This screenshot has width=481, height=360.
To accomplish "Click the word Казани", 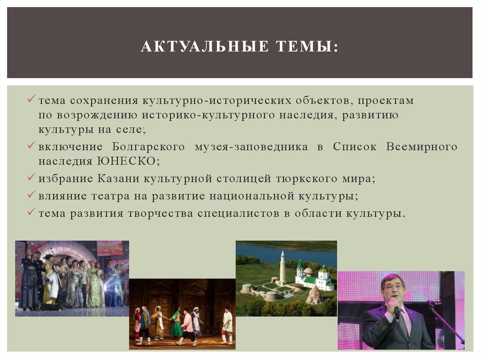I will [119, 178].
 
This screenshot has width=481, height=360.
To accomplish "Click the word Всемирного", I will [421, 147].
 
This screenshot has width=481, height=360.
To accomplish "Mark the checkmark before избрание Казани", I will [32, 178].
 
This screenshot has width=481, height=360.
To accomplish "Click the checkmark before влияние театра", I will [32, 196].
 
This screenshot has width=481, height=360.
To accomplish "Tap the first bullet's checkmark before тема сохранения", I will [32, 100].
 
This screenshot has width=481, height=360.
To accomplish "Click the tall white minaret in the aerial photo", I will [282, 268].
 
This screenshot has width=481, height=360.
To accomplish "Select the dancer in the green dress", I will [176, 324].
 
